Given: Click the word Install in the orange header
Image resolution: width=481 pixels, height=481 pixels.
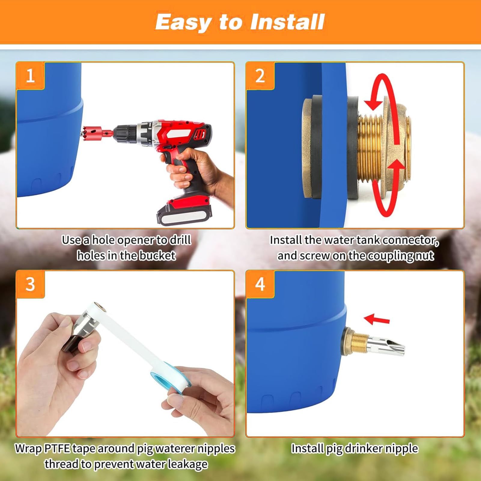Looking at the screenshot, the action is (287, 22).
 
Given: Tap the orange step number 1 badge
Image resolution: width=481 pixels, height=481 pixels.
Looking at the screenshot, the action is (30, 76).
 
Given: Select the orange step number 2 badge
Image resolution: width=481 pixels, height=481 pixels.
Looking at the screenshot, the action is (260, 76).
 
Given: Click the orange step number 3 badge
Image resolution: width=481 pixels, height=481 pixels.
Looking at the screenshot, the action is (30, 284).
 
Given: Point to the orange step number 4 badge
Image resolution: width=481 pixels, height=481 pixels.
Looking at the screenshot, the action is (260, 284).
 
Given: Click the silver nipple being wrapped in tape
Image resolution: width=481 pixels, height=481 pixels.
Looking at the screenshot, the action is (81, 329).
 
